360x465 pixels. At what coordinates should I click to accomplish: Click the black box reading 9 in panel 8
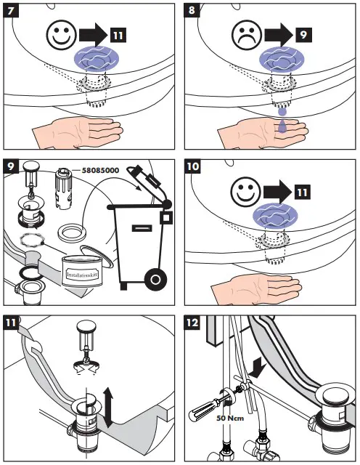point(302,33)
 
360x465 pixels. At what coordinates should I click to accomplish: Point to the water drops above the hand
point(282,121)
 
